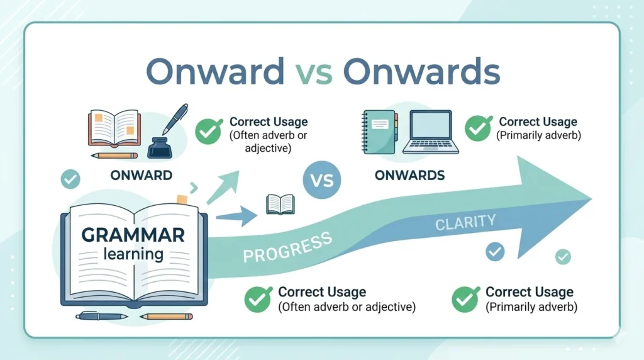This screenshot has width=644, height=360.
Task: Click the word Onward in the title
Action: pyautogui.click(x=214, y=72)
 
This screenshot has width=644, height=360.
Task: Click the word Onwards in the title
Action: pyautogui.click(x=421, y=72)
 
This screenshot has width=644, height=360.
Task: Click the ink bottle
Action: pyautogui.click(x=159, y=146)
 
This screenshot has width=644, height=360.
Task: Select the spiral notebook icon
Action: pyautogui.click(x=380, y=131)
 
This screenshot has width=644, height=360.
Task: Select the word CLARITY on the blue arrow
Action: pyautogui.click(x=465, y=222)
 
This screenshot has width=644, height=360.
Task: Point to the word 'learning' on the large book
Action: pyautogui.click(x=133, y=255)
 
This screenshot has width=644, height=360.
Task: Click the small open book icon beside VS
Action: pyautogui.click(x=280, y=204)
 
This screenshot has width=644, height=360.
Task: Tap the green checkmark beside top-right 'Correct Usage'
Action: pyautogui.click(x=478, y=128)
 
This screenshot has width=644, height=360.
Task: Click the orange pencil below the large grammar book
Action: pyautogui.click(x=165, y=316)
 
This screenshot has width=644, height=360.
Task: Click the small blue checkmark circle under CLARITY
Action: pyautogui.click(x=495, y=252)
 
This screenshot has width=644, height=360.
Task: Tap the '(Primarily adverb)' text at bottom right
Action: pyautogui.click(x=531, y=307)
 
